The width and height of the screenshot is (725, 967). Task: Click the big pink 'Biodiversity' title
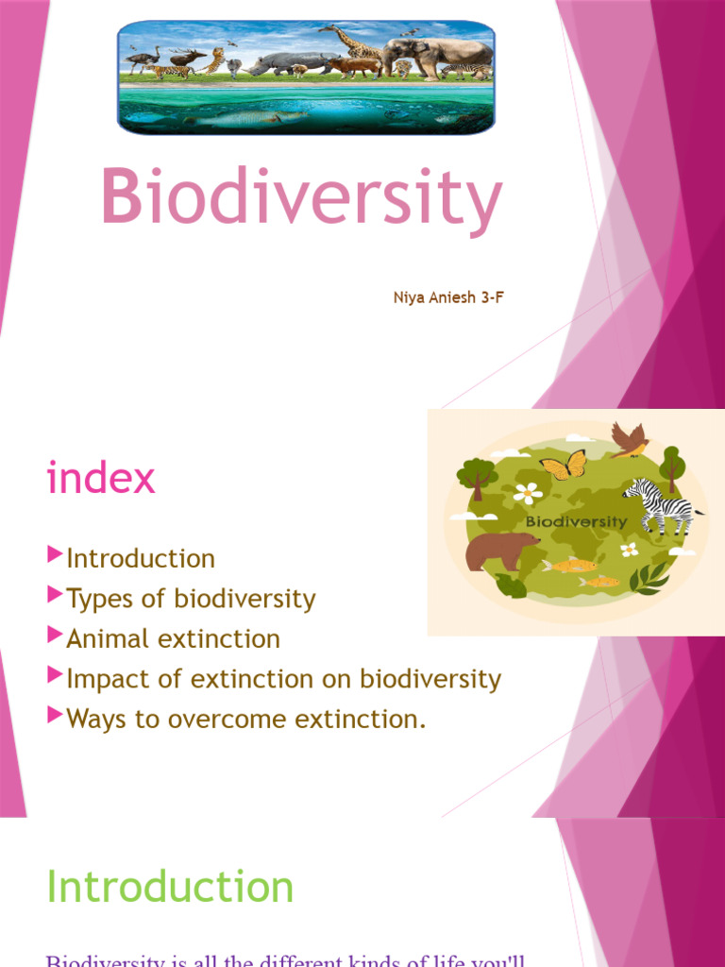(x=300, y=199)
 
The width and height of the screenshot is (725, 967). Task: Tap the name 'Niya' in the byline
(x=408, y=298)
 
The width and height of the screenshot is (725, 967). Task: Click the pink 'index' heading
(x=100, y=479)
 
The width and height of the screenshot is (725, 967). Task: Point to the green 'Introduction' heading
(x=170, y=888)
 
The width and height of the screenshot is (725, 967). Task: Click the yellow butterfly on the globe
(x=563, y=466)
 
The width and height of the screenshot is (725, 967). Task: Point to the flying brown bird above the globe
(x=629, y=438)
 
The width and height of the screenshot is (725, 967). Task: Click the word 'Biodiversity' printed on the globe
(x=576, y=521)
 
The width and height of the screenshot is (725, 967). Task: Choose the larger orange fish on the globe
(x=569, y=565)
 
